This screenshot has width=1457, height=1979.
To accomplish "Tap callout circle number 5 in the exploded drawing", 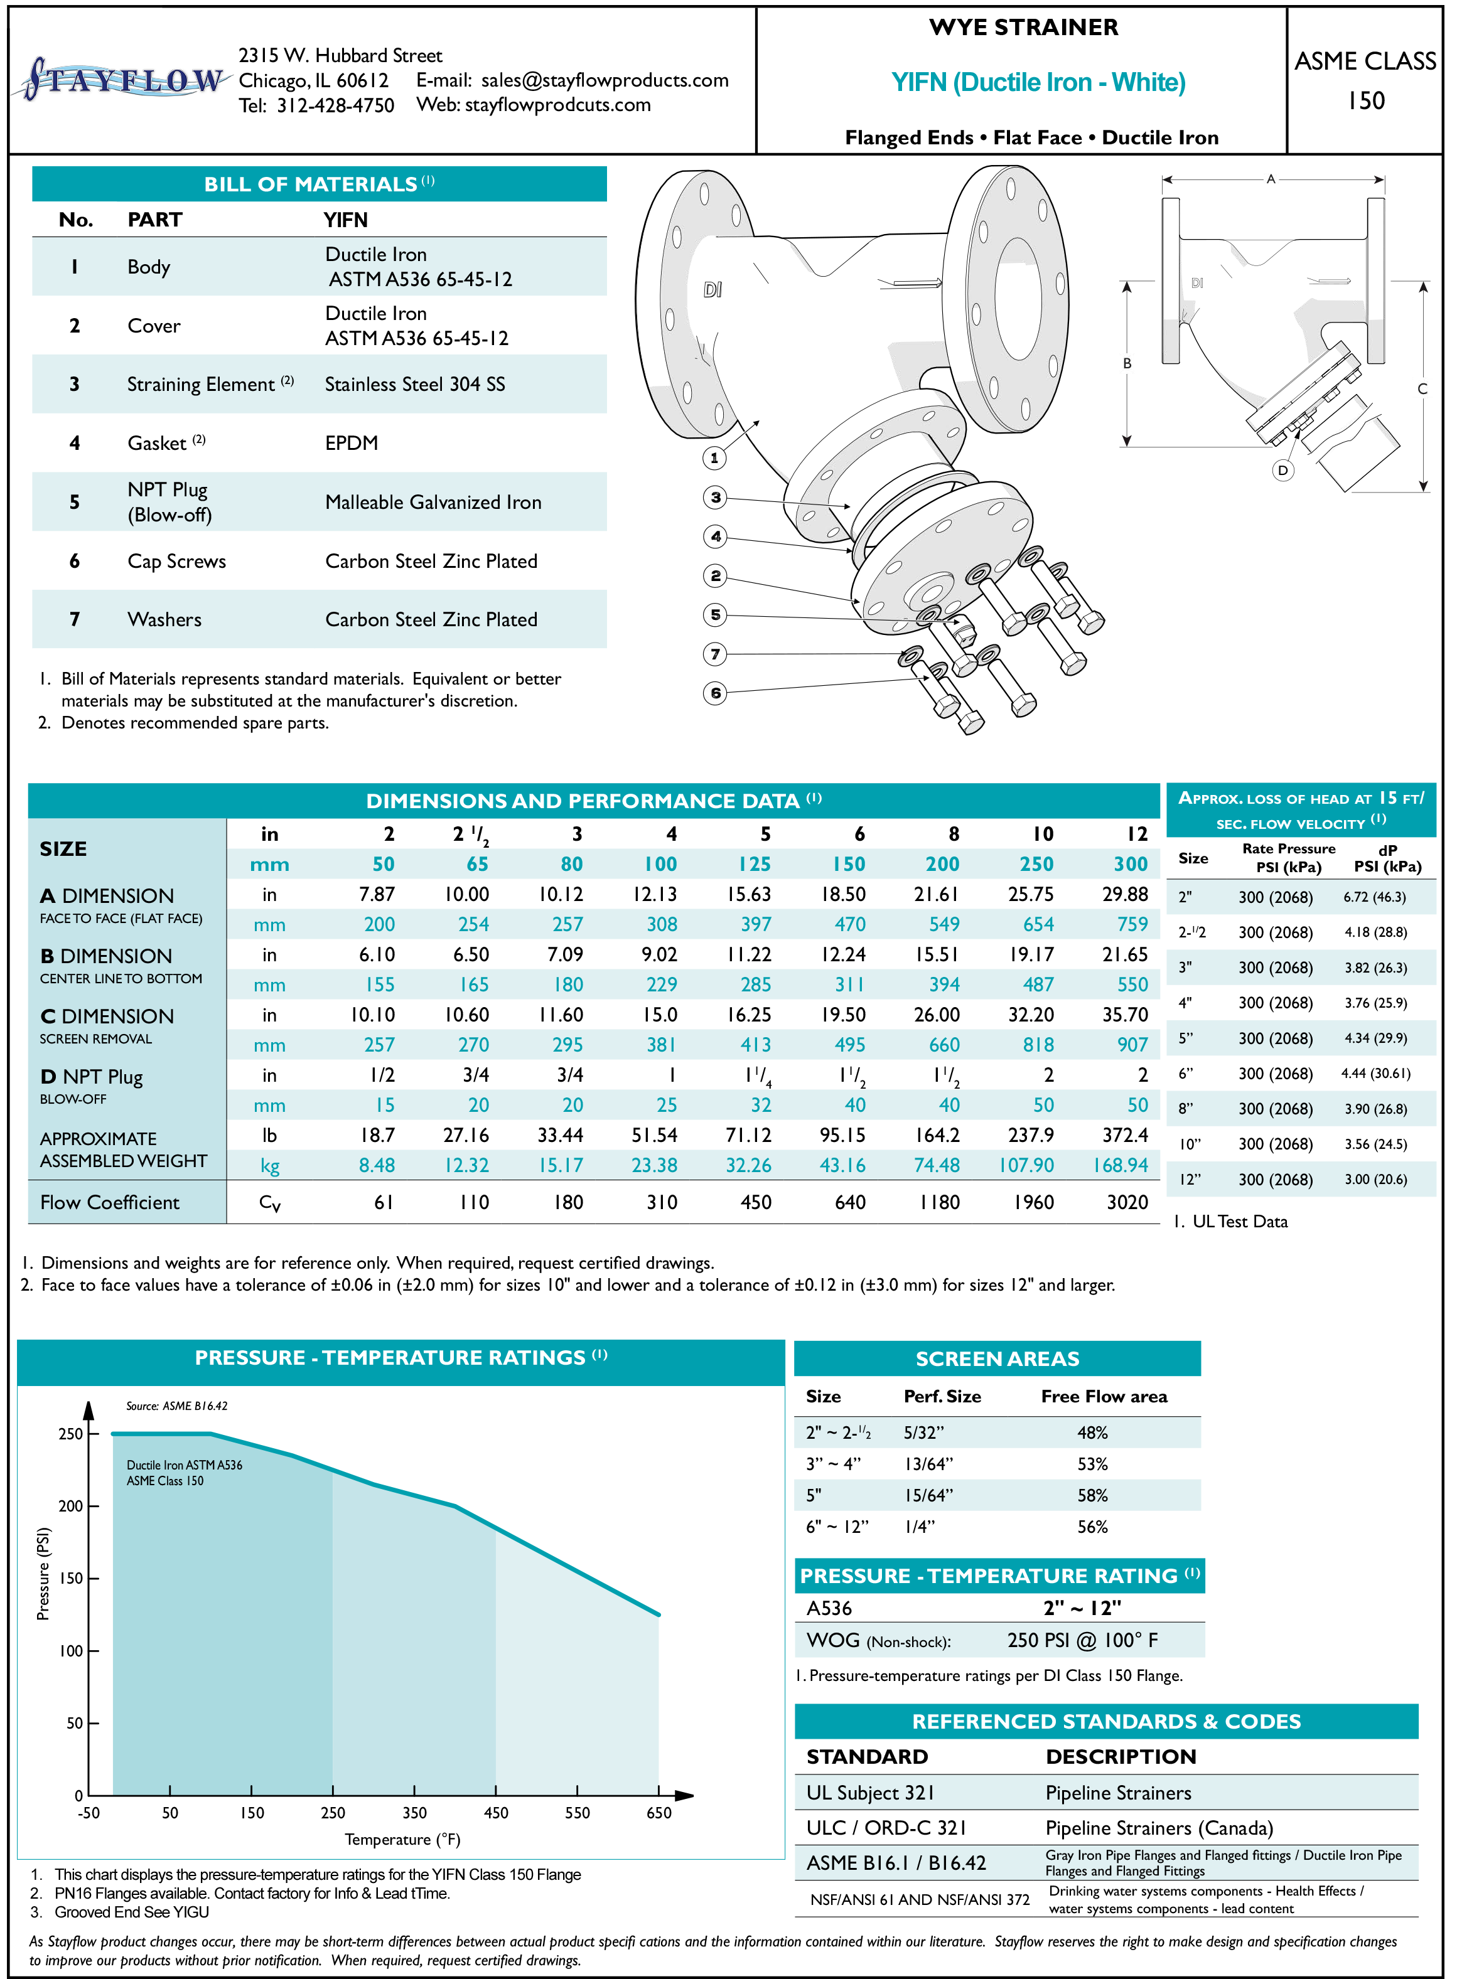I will (x=715, y=614).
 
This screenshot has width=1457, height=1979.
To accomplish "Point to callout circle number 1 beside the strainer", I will (x=714, y=457).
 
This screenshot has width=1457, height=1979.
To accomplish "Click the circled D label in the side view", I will (x=1282, y=470).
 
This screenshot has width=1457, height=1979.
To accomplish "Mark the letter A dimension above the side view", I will (x=1271, y=179).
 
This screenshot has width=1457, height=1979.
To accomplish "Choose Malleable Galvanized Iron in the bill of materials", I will (x=433, y=503).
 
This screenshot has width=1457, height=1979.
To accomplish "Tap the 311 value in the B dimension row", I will (x=849, y=984).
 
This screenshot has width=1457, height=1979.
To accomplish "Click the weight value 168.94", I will (x=1120, y=1165).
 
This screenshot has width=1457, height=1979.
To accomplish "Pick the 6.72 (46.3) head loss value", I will (x=1374, y=897).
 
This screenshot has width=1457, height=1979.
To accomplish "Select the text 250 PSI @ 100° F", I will (x=1082, y=1640).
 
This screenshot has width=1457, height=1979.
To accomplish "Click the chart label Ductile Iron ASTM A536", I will (x=185, y=1465).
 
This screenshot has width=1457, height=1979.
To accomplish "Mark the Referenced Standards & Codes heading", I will (x=1106, y=1722).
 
